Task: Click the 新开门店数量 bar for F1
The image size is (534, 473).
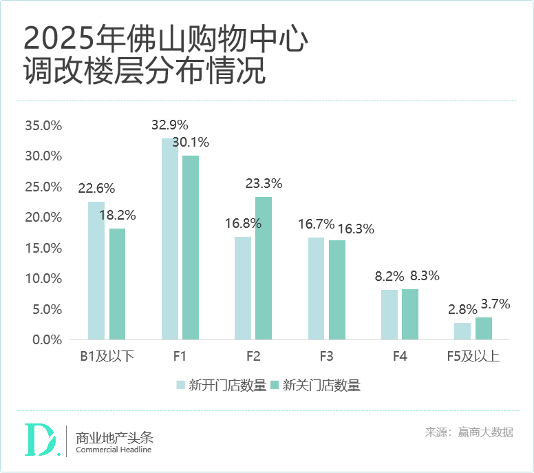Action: tap(170, 239)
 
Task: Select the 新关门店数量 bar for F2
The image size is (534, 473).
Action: tap(264, 269)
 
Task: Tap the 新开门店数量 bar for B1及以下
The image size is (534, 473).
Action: tap(96, 271)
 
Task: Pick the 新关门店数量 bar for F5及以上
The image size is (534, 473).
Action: tap(484, 328)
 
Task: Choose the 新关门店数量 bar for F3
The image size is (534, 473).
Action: tap(337, 290)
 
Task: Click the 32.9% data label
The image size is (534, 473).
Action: tap(169, 125)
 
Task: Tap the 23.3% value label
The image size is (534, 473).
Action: tap(264, 184)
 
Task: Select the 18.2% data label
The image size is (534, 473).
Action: tap(117, 215)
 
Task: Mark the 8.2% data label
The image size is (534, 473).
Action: tap(390, 276)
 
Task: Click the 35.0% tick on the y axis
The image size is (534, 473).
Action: tap(43, 126)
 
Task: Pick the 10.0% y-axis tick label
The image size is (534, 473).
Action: tap(43, 279)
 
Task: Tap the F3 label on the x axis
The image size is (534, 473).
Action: tap(326, 357)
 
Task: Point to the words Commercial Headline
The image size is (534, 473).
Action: tap(114, 450)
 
